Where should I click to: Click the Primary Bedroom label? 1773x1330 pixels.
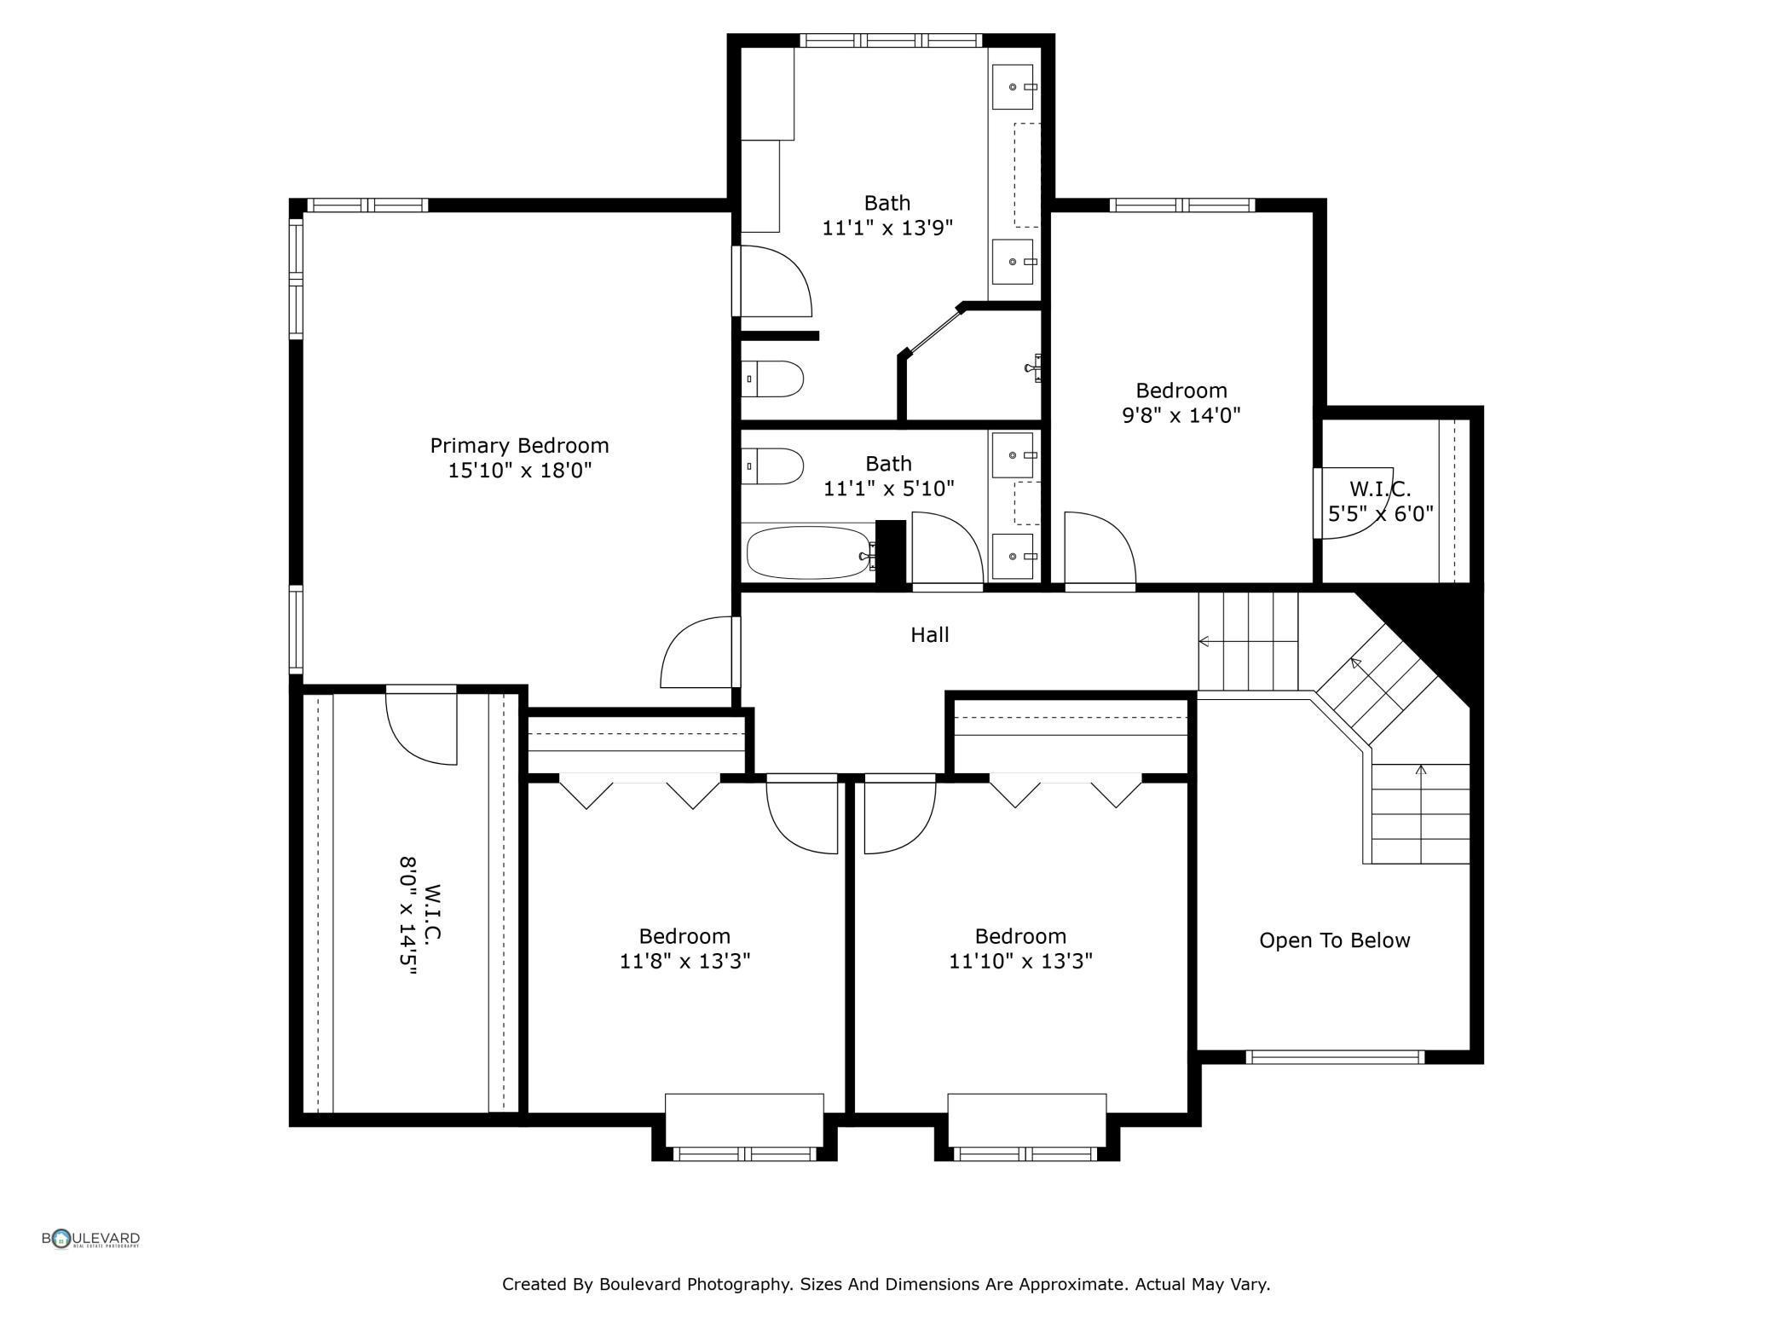click(x=519, y=445)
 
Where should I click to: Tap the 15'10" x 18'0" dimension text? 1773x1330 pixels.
click(x=519, y=470)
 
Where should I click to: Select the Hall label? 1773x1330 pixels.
click(x=929, y=634)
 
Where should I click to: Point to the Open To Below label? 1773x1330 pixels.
click(x=1334, y=940)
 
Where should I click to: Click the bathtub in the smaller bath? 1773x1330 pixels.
click(x=809, y=552)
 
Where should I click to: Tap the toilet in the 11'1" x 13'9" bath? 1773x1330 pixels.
click(x=772, y=379)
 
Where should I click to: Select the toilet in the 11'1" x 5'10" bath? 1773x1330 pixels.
click(x=772, y=466)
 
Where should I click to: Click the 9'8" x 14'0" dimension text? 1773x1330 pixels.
click(x=1181, y=415)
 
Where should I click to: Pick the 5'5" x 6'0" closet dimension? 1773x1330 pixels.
click(x=1381, y=514)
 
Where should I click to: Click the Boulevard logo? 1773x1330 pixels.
click(x=91, y=1239)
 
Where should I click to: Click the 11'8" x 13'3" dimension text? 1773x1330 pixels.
click(x=684, y=961)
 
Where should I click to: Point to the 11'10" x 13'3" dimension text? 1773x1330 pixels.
click(x=1020, y=961)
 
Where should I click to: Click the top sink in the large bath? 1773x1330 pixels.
click(x=1014, y=87)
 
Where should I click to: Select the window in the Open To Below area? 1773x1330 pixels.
click(x=1335, y=1057)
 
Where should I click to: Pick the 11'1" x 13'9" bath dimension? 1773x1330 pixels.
click(x=886, y=228)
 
